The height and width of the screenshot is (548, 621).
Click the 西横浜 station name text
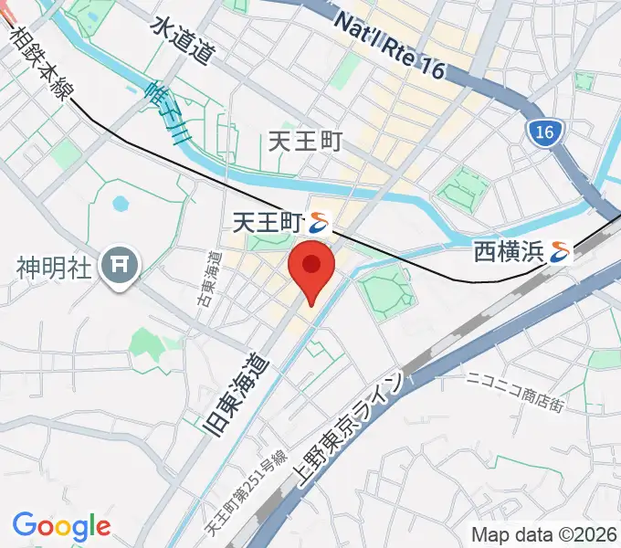click(508, 251)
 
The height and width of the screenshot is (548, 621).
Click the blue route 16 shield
click(544, 133)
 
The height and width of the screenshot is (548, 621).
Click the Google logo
click(61, 526)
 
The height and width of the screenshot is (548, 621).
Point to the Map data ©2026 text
click(544, 534)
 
